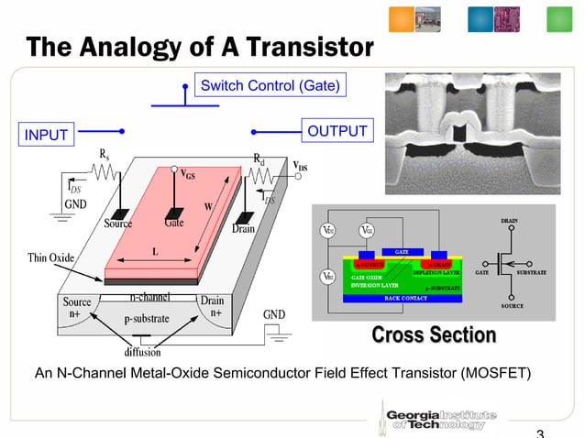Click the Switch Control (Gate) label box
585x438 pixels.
[270, 86]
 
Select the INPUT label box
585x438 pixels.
[47, 136]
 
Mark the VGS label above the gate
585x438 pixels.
[187, 173]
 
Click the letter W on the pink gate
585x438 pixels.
[209, 205]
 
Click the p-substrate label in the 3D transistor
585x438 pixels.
[150, 318]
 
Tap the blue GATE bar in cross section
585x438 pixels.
[401, 251]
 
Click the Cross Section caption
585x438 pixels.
[433, 335]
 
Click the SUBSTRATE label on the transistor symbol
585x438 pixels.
[531, 272]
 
